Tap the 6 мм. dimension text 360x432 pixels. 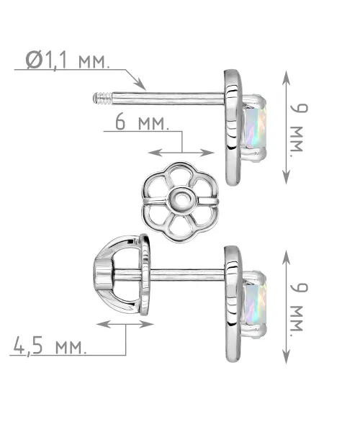tap(142, 122)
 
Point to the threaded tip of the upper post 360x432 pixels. tap(102, 99)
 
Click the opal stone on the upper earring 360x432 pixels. tap(256, 127)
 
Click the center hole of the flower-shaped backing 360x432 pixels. tap(181, 198)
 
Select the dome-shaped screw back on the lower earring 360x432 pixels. tap(122, 275)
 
